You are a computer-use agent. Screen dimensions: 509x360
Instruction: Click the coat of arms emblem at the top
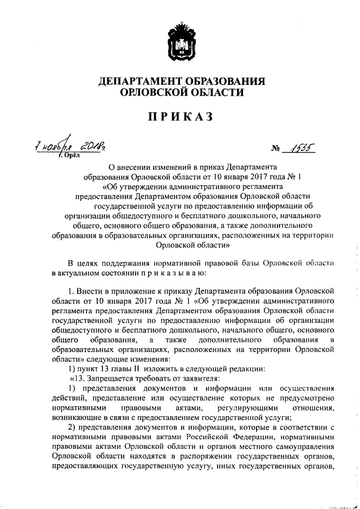(180, 40)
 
